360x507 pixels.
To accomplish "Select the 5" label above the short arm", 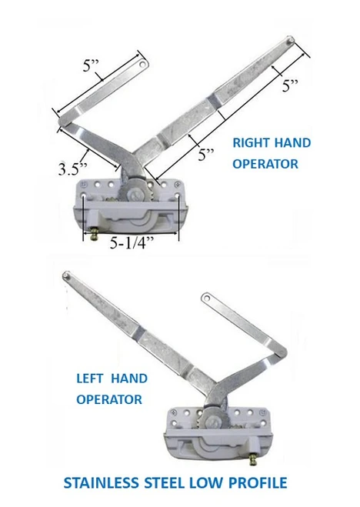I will [x=92, y=67].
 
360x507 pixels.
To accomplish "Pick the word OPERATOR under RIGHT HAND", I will [x=265, y=164].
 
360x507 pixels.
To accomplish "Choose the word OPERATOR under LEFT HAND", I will [x=108, y=399].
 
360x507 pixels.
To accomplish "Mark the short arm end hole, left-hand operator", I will [x=206, y=295].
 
